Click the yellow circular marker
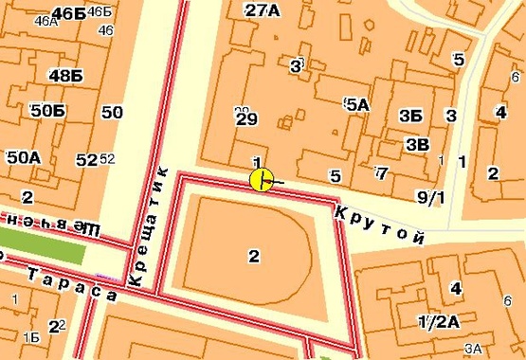click(262, 179)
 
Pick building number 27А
click(263, 10)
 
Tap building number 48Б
click(66, 75)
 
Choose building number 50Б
click(47, 112)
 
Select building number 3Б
click(410, 116)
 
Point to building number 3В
click(416, 144)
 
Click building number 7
click(380, 172)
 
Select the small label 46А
click(44, 21)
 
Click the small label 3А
click(475, 350)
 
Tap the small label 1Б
click(31, 336)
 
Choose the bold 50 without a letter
click(112, 113)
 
